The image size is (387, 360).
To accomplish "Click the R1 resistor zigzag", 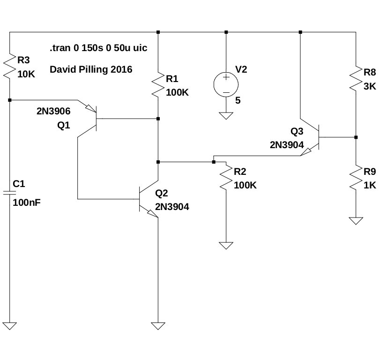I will [158, 85].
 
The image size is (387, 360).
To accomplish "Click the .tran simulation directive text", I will [98, 48].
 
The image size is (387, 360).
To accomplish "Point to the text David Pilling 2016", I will [91, 70].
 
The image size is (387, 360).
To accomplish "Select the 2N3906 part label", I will [53, 112].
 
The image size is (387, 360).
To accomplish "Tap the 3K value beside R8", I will [370, 86].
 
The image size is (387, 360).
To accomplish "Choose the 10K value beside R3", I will [26, 74].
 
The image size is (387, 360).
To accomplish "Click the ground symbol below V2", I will [226, 115].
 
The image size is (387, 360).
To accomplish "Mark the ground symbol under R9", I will [356, 220].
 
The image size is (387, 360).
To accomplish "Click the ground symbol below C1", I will [10, 325].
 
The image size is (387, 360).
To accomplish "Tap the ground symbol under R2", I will [226, 245].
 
